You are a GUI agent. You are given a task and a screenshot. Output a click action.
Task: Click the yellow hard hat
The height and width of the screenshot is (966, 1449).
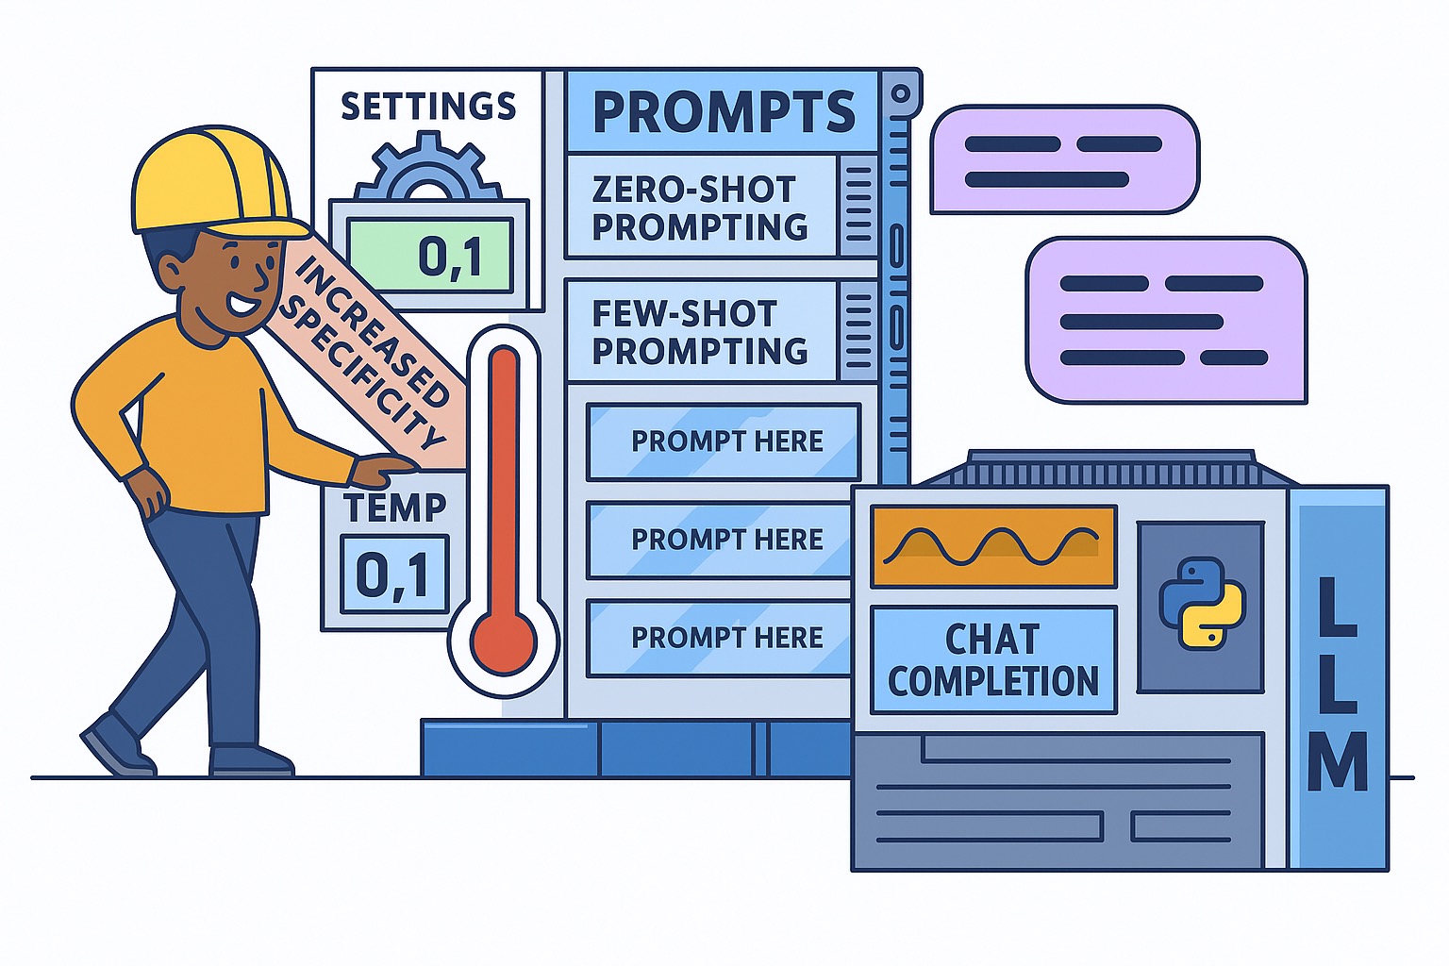(x=213, y=182)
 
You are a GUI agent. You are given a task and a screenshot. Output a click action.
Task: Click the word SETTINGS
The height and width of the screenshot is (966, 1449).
(x=428, y=106)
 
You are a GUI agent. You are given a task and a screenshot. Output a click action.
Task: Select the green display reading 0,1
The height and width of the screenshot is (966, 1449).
(x=430, y=255)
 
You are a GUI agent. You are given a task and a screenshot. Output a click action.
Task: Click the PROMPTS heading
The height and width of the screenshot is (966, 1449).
(x=724, y=112)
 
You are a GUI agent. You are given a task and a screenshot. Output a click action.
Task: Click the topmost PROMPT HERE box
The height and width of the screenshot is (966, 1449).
(x=724, y=441)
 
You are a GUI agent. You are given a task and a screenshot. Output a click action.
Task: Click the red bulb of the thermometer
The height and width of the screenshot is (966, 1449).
(x=503, y=643)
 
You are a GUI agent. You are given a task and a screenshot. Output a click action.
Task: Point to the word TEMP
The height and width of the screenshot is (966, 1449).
(x=394, y=507)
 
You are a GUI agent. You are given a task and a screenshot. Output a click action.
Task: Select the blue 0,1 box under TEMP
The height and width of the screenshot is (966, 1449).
(x=394, y=574)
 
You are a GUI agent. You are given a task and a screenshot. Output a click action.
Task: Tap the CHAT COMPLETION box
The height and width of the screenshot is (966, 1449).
(x=993, y=660)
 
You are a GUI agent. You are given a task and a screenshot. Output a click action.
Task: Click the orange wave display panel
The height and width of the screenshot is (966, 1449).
(x=993, y=547)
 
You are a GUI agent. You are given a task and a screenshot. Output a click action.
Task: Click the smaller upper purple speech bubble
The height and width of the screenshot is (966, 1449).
(x=1065, y=159)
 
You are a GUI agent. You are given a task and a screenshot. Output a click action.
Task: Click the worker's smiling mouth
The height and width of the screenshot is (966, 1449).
(x=240, y=304)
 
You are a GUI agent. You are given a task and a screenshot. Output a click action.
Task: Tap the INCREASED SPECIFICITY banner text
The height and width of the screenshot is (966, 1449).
(x=363, y=353)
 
